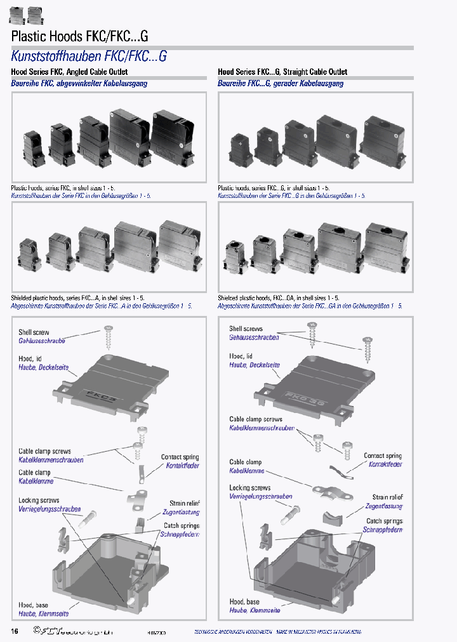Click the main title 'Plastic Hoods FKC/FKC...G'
tap(80, 36)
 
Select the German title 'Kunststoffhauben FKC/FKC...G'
tap(89, 56)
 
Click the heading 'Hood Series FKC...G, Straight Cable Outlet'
tap(282, 72)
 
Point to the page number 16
tap(15, 631)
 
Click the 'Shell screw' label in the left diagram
tap(34, 332)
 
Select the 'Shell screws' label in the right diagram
tap(246, 329)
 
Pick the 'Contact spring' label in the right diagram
tap(383, 456)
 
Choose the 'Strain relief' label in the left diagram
tap(185, 504)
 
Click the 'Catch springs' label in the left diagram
tap(182, 525)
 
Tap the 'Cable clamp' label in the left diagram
tap(34, 473)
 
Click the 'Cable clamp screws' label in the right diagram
tap(256, 419)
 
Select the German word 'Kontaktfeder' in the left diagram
tap(183, 466)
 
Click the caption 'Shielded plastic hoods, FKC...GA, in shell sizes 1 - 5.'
tap(279, 298)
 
